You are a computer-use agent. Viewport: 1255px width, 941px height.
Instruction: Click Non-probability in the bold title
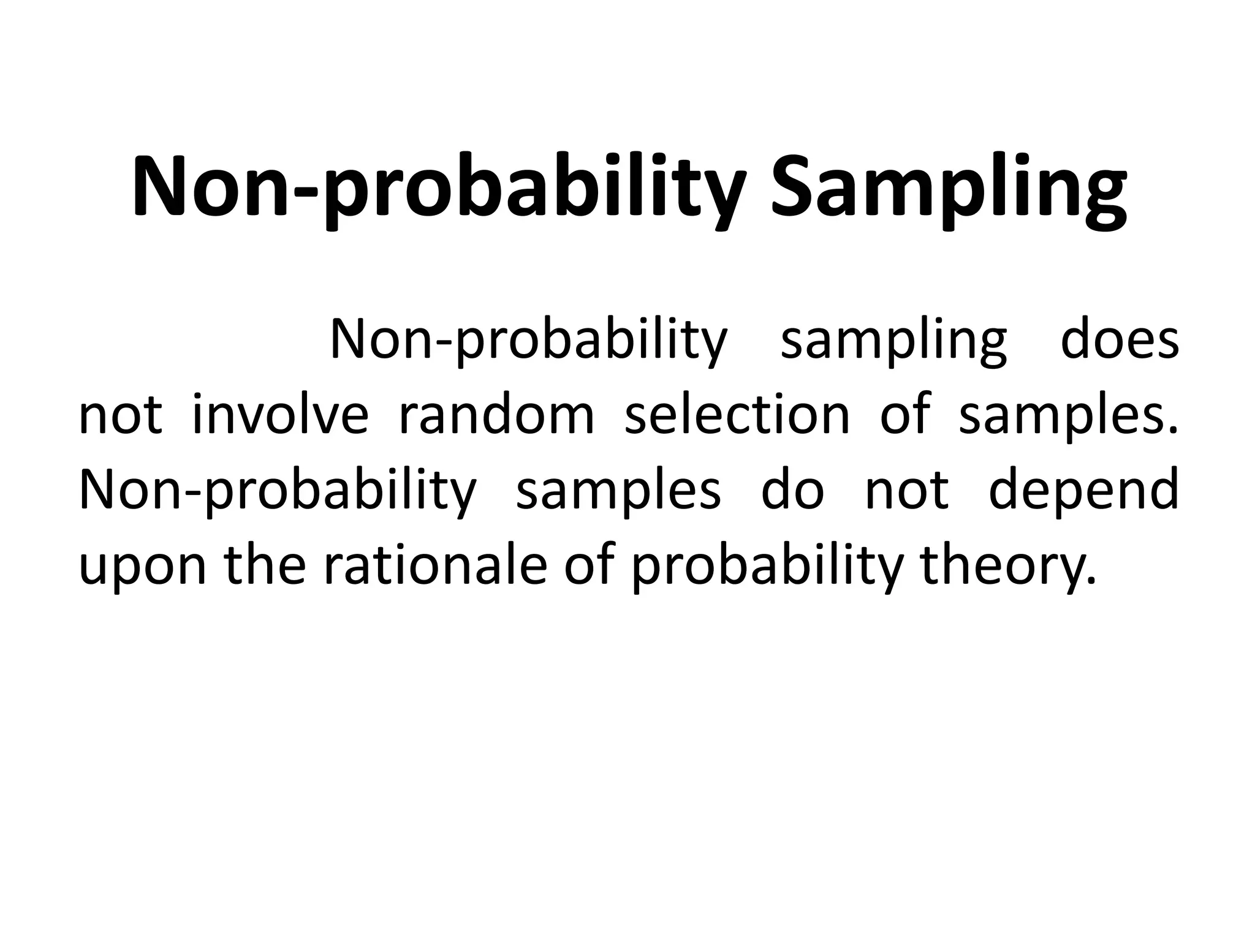coord(438,187)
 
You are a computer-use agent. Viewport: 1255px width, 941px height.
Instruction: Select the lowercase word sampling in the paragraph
coord(893,341)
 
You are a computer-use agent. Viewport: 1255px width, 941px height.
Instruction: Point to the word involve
coord(280,415)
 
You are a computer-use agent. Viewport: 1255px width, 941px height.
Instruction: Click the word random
coord(496,415)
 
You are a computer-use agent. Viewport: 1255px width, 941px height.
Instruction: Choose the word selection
coord(737,415)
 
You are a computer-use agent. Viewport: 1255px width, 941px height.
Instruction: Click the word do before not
coord(792,490)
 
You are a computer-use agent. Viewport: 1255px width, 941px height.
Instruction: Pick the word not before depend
coord(906,491)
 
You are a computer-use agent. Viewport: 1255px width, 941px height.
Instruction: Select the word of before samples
coord(905,415)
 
